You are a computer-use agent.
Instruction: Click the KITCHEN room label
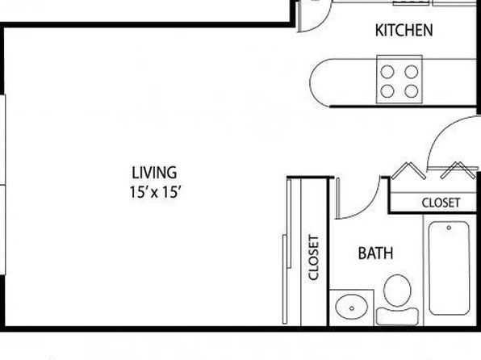pos(404,31)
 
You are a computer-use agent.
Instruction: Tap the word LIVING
pos(154,173)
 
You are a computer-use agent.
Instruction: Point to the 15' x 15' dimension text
pos(154,192)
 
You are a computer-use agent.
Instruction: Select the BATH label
pos(375,253)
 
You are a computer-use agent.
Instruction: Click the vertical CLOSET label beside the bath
pos(314,257)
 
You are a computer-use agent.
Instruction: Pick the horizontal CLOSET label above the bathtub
pos(441,203)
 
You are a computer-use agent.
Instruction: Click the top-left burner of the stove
pos(387,72)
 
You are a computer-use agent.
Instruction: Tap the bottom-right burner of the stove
pos(412,91)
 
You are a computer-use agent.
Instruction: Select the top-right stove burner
pos(412,72)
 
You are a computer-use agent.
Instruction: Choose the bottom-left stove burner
pos(387,91)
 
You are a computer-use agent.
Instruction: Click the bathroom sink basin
pos(352,308)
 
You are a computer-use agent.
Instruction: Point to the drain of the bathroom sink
pos(352,308)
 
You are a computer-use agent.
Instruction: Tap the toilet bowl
pos(398,291)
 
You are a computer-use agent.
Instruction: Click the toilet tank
pos(398,316)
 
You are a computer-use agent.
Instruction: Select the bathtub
pos(449,268)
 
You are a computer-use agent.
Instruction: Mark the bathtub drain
pos(449,228)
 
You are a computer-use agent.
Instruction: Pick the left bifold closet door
pos(408,171)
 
